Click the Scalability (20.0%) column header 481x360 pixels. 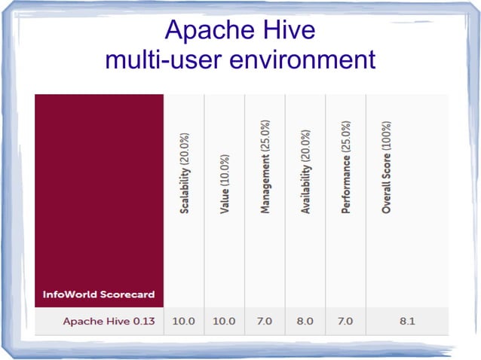185,174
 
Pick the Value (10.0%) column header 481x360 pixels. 225,185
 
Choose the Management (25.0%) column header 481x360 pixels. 265,166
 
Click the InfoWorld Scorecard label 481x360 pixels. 99,294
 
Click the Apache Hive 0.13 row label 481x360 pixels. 109,322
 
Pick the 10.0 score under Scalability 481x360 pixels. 183,322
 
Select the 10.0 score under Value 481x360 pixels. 224,322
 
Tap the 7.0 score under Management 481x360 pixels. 265,322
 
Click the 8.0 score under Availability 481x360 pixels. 305,322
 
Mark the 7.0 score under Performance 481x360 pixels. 345,322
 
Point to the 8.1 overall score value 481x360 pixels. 406,322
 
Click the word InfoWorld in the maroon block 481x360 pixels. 73,294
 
